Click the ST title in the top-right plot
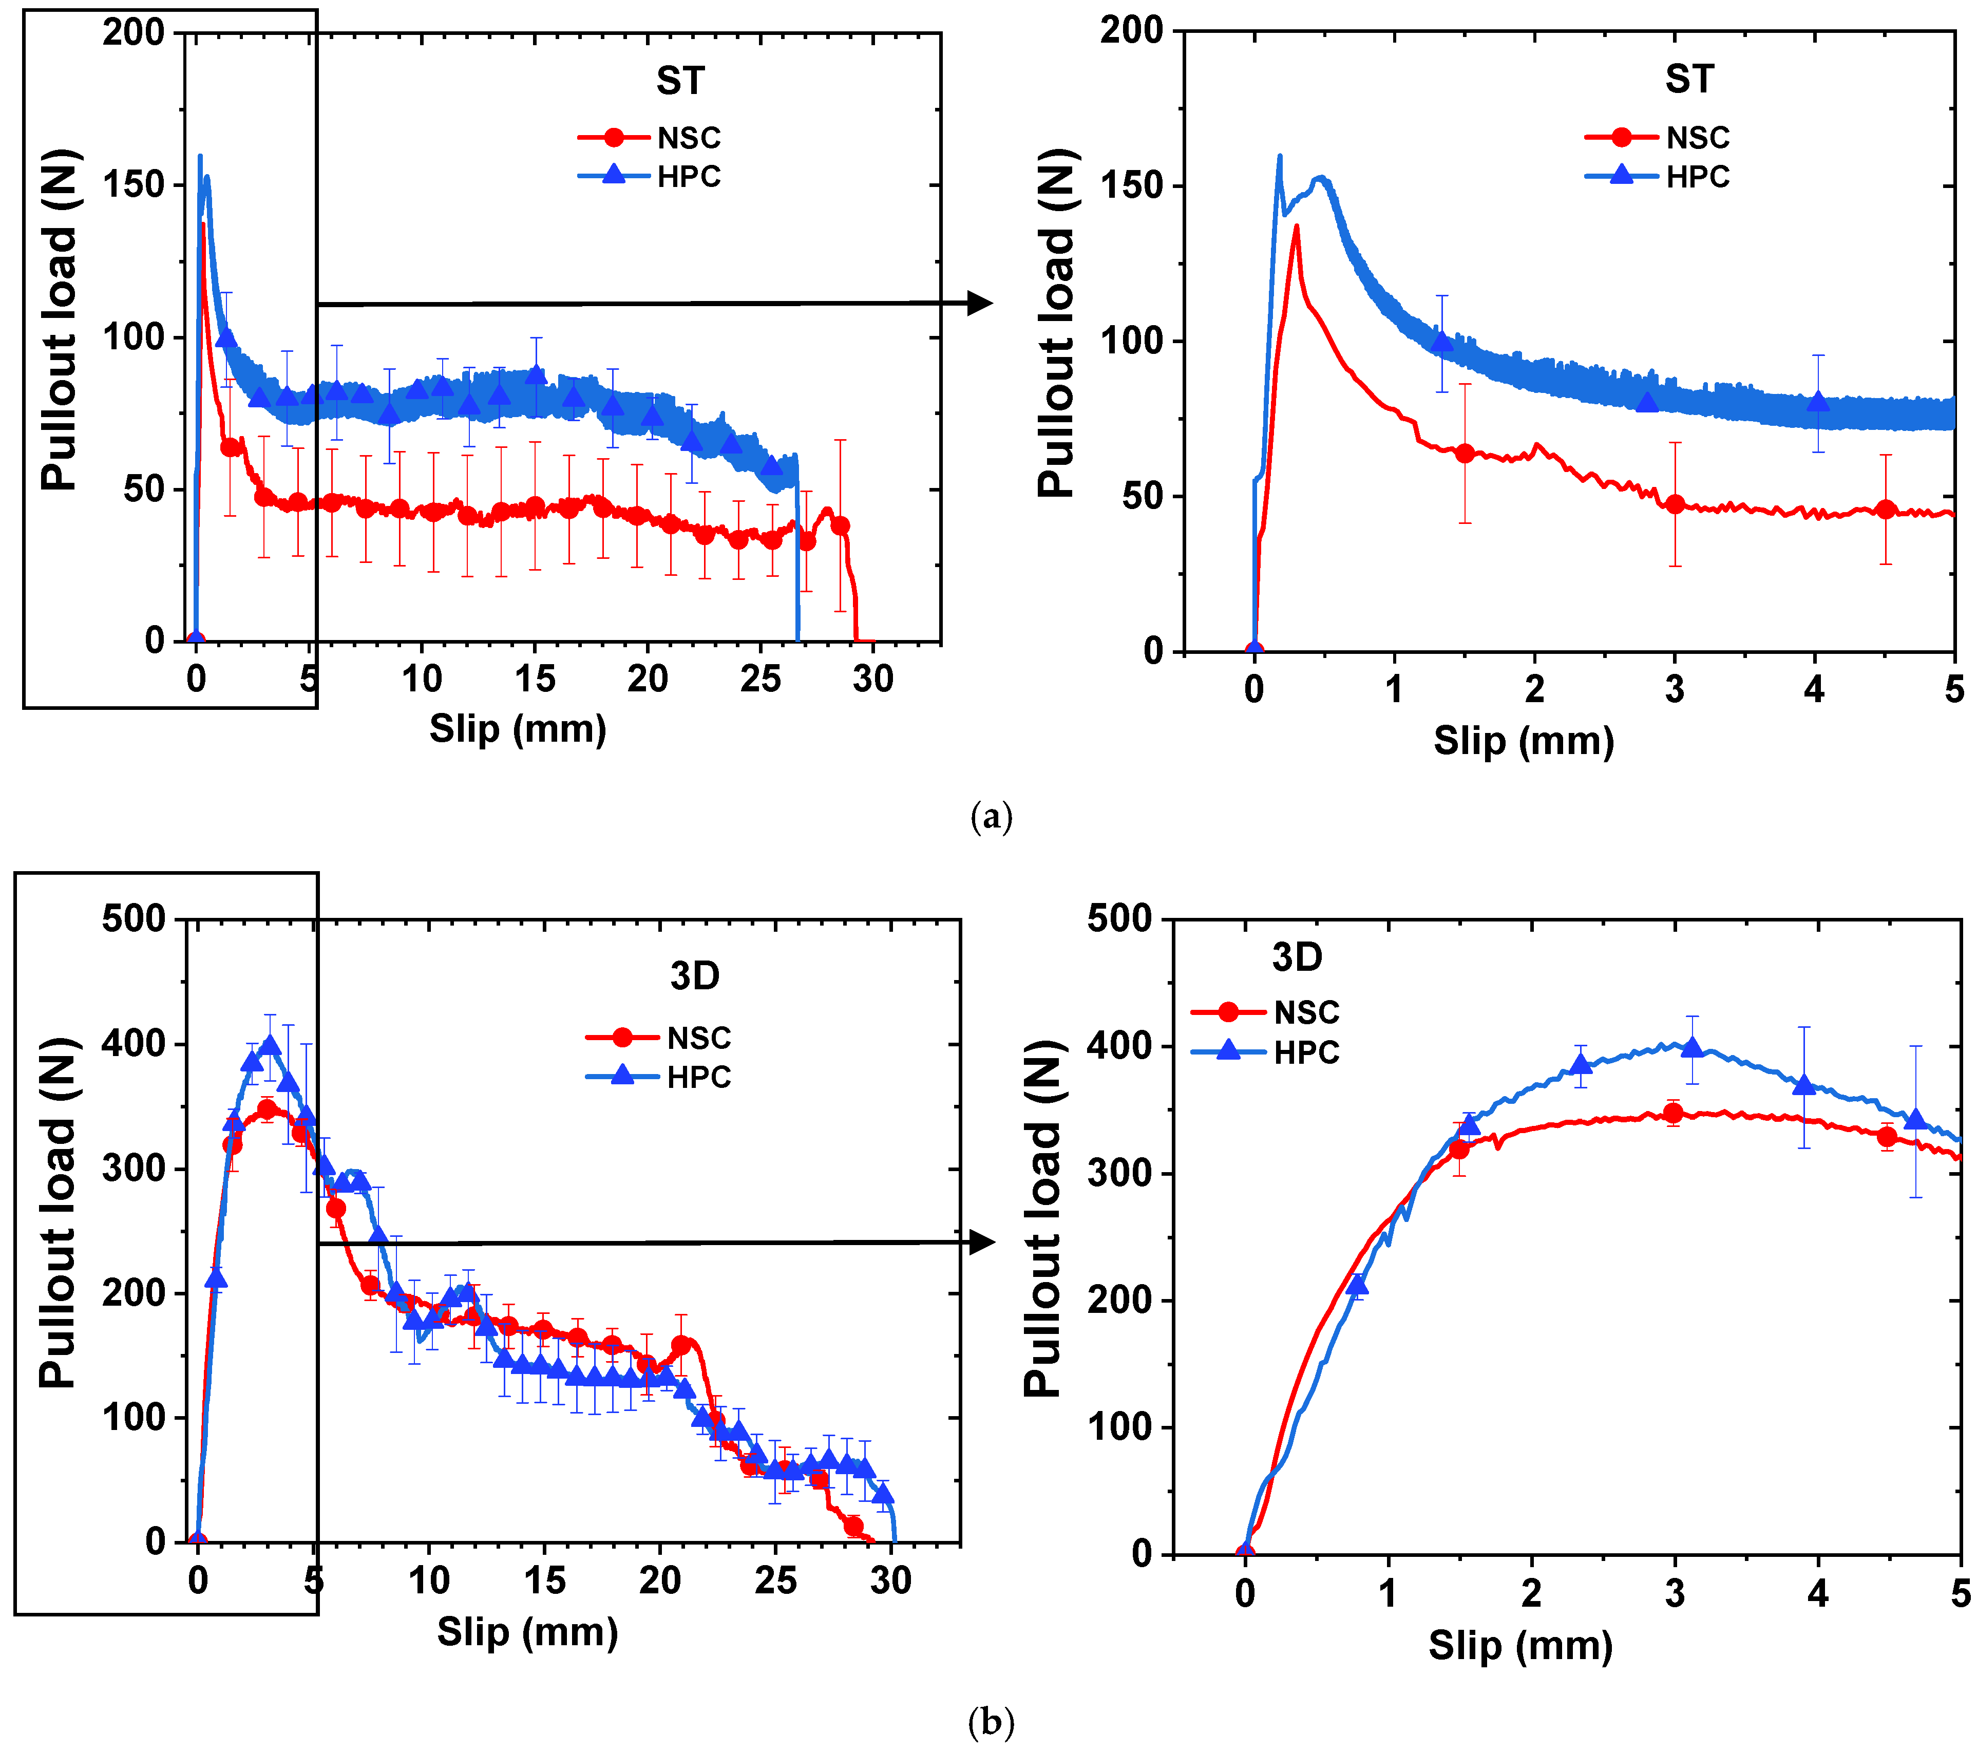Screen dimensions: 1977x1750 1689,79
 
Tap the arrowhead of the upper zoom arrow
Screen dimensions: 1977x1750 981,303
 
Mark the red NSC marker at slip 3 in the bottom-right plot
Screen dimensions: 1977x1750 1674,1113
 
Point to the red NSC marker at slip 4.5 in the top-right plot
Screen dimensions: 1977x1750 1885,509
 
